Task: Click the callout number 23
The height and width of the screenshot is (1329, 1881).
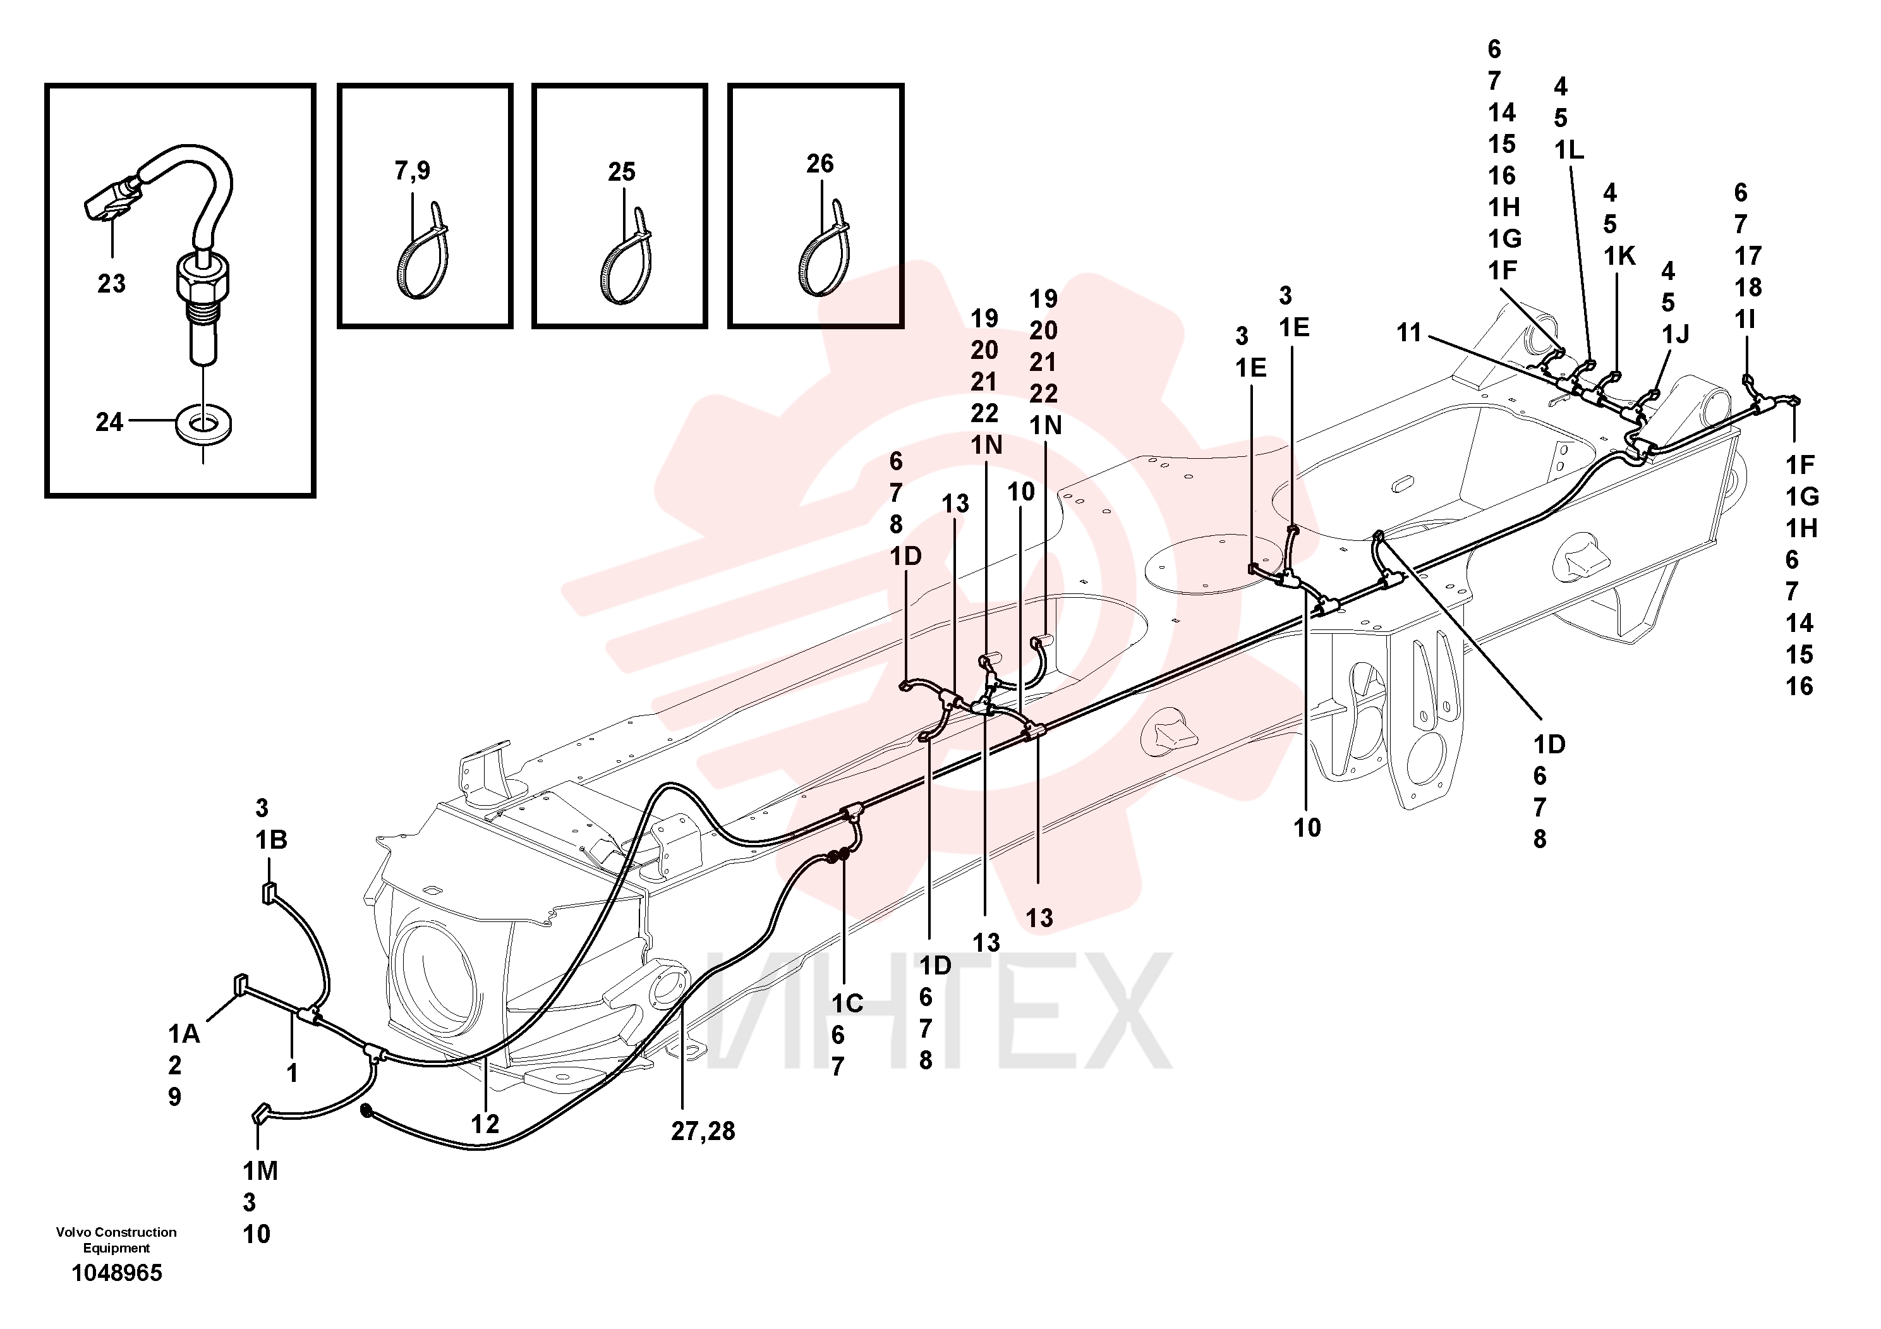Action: coord(111,284)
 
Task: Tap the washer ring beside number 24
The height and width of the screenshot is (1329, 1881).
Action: coord(203,423)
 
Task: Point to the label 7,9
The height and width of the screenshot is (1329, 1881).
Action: coord(412,171)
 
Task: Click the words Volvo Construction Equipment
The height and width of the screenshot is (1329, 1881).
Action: coord(116,1240)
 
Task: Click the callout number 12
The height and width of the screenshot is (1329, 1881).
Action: coord(485,1124)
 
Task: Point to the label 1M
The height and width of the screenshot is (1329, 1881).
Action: coord(260,1171)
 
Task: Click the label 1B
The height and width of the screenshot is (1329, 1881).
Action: coord(271,840)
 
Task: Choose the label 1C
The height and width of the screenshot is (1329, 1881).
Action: coord(847,1004)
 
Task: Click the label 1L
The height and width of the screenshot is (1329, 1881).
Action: coord(1569,150)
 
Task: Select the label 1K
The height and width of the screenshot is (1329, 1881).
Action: coord(1619,256)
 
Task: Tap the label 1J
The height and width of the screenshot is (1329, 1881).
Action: coord(1676,334)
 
